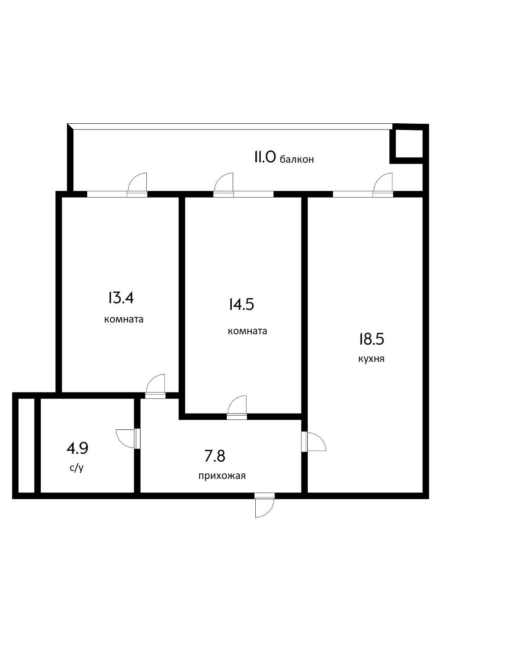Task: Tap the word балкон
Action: point(297,159)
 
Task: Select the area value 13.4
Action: point(121,298)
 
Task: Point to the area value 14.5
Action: point(241,304)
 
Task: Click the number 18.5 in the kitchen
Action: point(371,339)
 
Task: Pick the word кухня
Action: point(371,359)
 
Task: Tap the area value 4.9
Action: point(77,449)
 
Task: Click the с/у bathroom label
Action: point(77,468)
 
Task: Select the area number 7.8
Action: point(215,456)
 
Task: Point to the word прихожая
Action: point(222,476)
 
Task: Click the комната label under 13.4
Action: point(124,320)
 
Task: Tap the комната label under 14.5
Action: point(247,331)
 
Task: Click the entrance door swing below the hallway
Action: point(264,506)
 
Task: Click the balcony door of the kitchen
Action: point(383,184)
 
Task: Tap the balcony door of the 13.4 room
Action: point(138,184)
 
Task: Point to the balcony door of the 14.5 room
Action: point(223,184)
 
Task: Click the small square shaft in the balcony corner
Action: point(407,144)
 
